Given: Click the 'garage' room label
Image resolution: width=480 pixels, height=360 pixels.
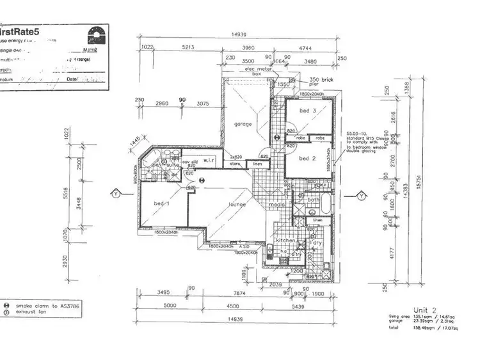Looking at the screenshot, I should click(243, 124).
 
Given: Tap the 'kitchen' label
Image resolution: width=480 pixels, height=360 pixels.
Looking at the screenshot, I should click(285, 240).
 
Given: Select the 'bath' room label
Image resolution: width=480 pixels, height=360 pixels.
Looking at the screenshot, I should click(314, 200).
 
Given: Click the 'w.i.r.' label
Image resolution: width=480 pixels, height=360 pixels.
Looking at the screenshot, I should click(209, 160).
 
